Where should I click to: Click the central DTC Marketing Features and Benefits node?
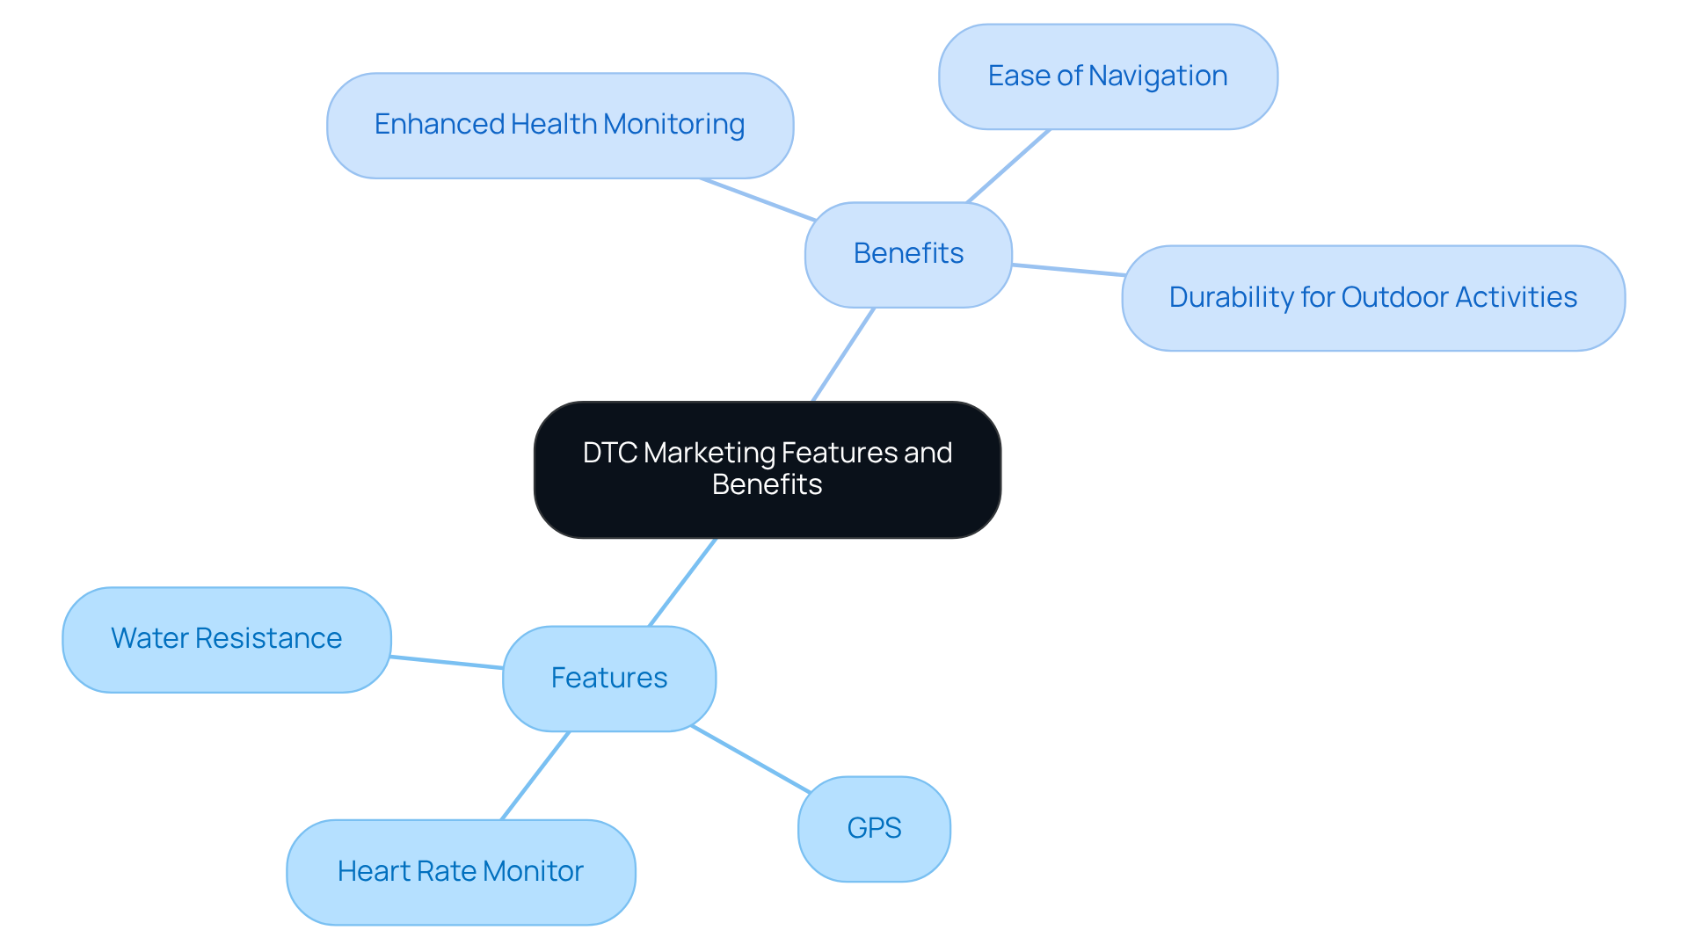[767, 469]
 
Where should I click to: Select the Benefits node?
[908, 254]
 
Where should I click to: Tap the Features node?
[608, 678]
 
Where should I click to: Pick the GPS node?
[874, 828]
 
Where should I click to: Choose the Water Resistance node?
[226, 639]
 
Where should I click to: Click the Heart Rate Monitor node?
[461, 871]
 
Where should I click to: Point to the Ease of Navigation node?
[1108, 76]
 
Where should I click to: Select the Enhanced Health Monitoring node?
[559, 125]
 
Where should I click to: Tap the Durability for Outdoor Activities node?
[1372, 298]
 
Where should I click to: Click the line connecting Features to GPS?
[750, 759]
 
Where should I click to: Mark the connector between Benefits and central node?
[843, 354]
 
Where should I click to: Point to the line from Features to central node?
[682, 582]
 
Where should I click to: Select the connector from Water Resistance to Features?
[447, 662]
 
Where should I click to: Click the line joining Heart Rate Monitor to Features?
[535, 775]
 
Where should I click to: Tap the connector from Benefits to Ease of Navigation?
[1008, 166]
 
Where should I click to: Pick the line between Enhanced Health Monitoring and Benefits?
[758, 200]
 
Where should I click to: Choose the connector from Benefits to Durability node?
[1067, 269]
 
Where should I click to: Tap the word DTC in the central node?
[609, 454]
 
